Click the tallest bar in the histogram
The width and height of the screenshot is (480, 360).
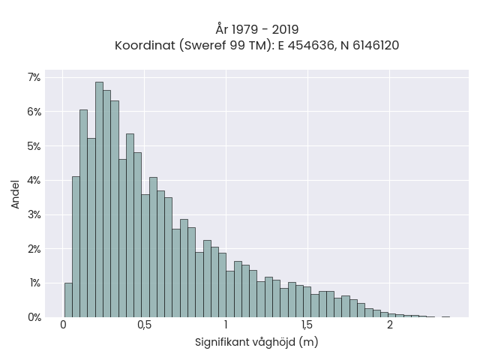(99, 199)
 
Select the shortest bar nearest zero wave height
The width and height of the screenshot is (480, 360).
(68, 300)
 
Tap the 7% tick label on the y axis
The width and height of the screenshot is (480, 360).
(34, 77)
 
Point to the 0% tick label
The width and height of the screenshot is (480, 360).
(34, 317)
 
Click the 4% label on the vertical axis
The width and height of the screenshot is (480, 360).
(34, 180)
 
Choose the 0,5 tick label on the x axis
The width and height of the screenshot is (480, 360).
(145, 325)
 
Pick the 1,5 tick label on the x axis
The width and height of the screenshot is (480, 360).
(307, 325)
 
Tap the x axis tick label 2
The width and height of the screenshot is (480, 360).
(389, 325)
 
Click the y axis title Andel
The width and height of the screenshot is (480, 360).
(15, 194)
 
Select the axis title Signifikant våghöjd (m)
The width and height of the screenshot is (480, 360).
(256, 342)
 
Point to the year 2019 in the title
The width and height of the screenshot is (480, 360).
(285, 30)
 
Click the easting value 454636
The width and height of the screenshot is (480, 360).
(310, 46)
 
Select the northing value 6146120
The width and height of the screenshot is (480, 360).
(376, 46)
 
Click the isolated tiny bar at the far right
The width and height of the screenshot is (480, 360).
(446, 316)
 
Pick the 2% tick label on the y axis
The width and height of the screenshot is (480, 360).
(34, 249)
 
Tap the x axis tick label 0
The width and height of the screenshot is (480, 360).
(63, 325)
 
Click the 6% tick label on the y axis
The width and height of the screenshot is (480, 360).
(34, 112)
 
